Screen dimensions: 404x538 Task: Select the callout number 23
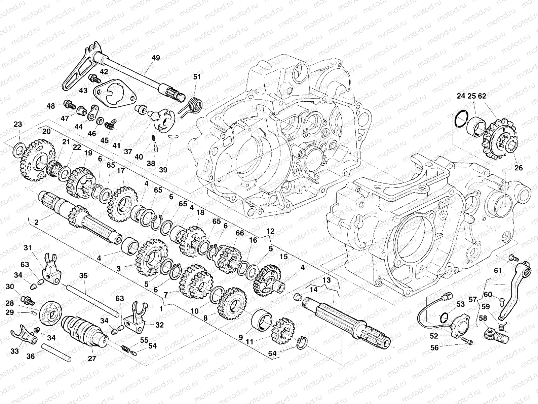tap(18, 125)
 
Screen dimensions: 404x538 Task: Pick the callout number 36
tap(30, 356)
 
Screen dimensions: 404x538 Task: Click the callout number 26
tap(519, 167)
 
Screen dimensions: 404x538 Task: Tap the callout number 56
tap(435, 347)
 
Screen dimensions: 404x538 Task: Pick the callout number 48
tap(51, 106)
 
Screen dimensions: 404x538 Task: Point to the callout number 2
tap(36, 223)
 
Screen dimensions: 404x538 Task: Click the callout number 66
tap(239, 233)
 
